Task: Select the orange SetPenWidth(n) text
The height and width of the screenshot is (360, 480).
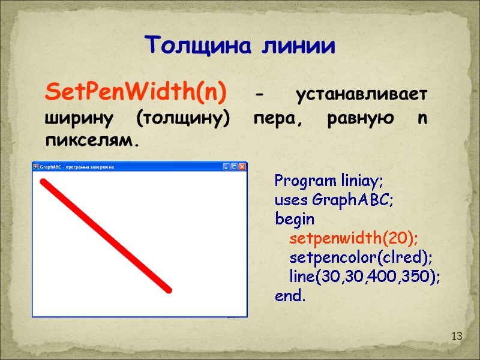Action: [136, 94]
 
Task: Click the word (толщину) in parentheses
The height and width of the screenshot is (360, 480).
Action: [184, 119]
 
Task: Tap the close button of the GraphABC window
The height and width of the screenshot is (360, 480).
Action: [242, 166]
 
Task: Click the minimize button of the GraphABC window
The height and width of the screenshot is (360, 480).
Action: [227, 166]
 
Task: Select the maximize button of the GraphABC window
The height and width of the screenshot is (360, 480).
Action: [235, 166]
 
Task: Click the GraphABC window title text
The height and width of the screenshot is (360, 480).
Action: [77, 167]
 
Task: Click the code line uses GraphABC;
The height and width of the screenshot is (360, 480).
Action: [334, 199]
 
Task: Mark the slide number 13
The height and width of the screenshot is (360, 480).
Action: [457, 337]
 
